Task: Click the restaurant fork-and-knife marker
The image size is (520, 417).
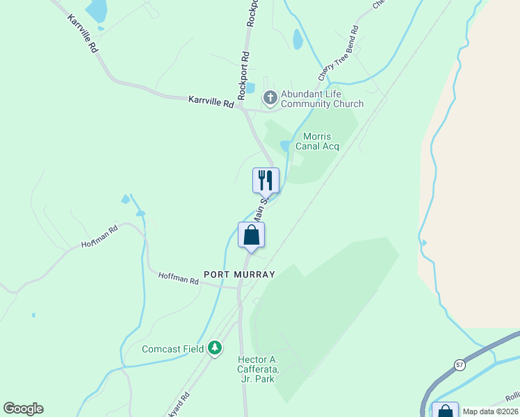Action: tap(265, 181)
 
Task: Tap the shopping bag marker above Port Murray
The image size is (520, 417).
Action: tap(251, 235)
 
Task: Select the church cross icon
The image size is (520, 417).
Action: tap(270, 98)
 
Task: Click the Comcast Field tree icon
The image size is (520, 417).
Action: tap(216, 347)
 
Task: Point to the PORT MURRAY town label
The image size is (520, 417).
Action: tap(239, 275)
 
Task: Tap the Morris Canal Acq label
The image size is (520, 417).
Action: tap(317, 141)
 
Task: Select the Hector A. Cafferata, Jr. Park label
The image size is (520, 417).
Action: tap(258, 368)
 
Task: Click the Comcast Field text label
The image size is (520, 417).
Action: tap(173, 349)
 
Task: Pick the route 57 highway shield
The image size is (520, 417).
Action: tap(460, 364)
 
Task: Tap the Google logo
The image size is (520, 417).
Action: tap(23, 409)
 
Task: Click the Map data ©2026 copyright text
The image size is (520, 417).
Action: tap(489, 411)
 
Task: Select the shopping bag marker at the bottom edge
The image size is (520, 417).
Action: tap(445, 410)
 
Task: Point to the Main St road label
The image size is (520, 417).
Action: tap(259, 209)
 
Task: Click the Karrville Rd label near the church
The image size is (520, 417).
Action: tap(211, 101)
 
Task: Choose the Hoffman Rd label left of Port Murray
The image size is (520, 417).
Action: tap(179, 280)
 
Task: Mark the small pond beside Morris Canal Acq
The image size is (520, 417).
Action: tap(284, 146)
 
